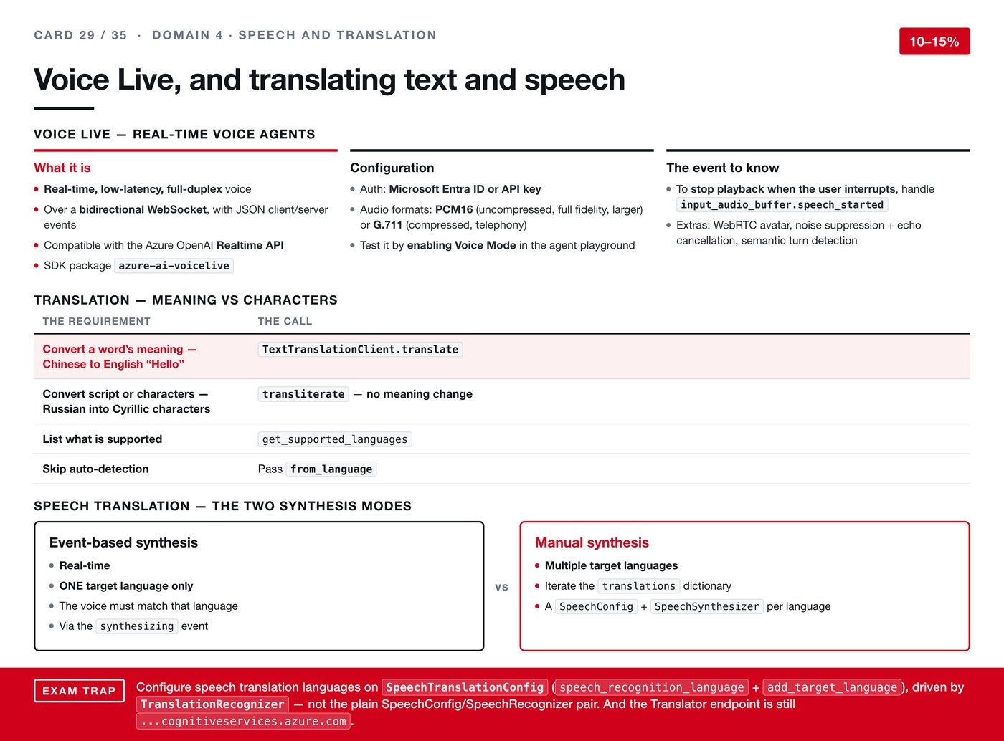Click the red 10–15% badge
[934, 41]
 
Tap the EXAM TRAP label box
[79, 691]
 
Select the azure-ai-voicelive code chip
[174, 266]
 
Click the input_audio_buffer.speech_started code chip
[782, 204]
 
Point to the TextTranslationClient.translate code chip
[360, 349]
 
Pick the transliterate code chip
[303, 394]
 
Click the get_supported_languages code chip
[335, 439]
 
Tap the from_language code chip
[331, 469]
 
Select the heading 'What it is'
[62, 168]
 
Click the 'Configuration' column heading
[392, 168]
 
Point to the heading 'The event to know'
[722, 168]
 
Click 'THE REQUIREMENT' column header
[96, 321]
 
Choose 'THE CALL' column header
[285, 321]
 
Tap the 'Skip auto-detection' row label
[95, 469]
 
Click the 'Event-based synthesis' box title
[123, 542]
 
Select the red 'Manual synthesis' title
[592, 542]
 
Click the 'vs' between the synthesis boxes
[501, 587]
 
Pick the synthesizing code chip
[137, 626]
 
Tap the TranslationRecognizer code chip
[212, 704]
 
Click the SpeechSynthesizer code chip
[706, 606]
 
